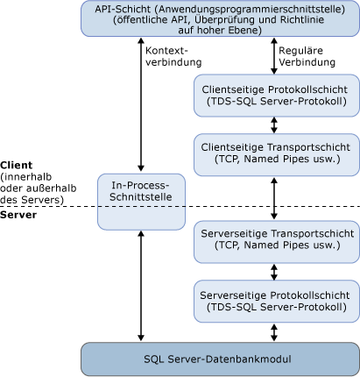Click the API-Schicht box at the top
point(219,18)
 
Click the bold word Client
point(17,164)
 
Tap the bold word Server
point(18,214)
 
